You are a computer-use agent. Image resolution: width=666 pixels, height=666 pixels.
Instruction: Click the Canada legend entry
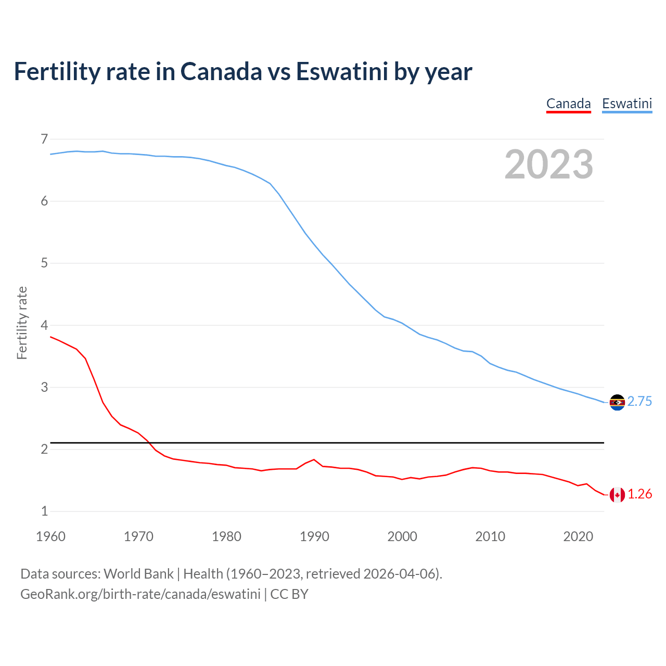(568, 104)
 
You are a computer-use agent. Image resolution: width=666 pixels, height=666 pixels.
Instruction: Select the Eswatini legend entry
(626, 104)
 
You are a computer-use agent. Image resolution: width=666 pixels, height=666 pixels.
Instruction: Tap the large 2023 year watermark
(548, 164)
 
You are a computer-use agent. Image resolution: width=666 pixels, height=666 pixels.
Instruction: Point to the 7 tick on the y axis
(44, 139)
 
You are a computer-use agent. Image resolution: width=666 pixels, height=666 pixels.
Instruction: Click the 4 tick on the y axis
(44, 325)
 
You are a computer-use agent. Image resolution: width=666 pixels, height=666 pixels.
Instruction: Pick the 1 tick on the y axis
(44, 511)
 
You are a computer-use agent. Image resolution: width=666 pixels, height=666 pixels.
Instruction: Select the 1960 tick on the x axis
(50, 536)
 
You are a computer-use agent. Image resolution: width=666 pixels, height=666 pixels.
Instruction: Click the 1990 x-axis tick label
(314, 536)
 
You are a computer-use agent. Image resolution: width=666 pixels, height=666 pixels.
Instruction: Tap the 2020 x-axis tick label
(578, 536)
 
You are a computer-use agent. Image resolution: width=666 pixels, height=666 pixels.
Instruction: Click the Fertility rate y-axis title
(22, 323)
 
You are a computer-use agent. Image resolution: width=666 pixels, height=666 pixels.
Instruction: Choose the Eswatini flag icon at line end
(617, 402)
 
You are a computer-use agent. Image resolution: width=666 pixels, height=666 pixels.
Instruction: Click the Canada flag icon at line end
(617, 495)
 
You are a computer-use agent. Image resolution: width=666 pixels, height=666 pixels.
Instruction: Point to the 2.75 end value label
(639, 402)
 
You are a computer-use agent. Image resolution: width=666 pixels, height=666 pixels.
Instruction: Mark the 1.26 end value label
(639, 494)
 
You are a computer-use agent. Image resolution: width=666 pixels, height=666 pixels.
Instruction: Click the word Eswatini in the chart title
(342, 71)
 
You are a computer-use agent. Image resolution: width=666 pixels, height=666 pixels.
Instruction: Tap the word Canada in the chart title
(221, 71)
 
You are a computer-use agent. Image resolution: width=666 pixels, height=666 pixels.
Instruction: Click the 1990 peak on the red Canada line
(314, 459)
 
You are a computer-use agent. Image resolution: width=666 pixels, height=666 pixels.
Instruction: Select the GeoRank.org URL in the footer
(140, 594)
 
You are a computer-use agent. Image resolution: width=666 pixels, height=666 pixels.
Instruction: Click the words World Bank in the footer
(138, 574)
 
